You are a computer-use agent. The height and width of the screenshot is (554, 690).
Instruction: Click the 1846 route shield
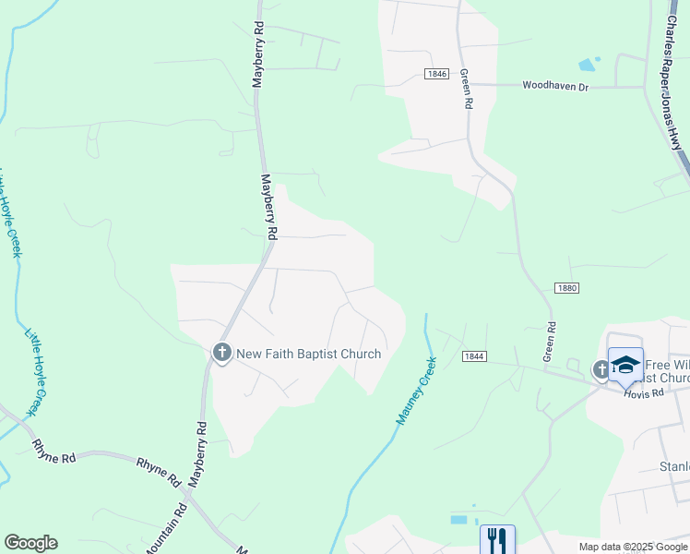tap(437, 73)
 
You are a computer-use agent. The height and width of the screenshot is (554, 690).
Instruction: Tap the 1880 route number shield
tap(566, 288)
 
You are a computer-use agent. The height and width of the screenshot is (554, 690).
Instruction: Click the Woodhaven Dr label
tap(555, 86)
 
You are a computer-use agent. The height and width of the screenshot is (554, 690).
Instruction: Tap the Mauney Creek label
tap(416, 399)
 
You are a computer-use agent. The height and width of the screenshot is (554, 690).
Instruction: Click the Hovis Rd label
tap(643, 393)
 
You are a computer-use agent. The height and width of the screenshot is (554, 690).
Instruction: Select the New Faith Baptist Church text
tap(309, 354)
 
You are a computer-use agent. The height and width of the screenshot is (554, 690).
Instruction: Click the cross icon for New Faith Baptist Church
tap(221, 353)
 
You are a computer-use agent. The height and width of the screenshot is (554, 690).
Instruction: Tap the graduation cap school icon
tap(625, 364)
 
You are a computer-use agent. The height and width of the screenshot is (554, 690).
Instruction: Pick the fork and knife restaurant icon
tap(497, 538)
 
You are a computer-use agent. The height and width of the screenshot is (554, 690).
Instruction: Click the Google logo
tap(30, 543)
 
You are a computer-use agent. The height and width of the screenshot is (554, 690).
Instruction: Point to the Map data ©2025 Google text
tap(632, 547)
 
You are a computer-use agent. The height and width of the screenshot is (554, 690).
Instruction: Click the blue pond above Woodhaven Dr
tap(587, 65)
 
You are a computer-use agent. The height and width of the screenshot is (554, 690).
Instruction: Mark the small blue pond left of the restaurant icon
tap(459, 520)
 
